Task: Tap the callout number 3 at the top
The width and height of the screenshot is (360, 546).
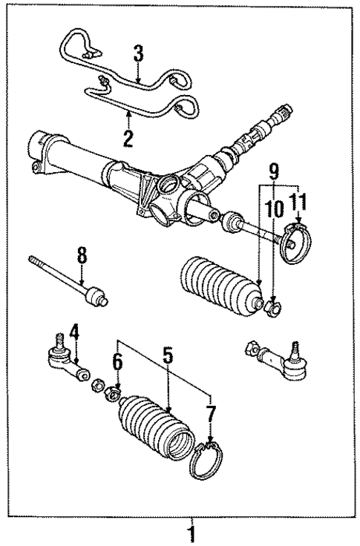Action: (x=137, y=53)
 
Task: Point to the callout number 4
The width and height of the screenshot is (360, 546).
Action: (x=74, y=331)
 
